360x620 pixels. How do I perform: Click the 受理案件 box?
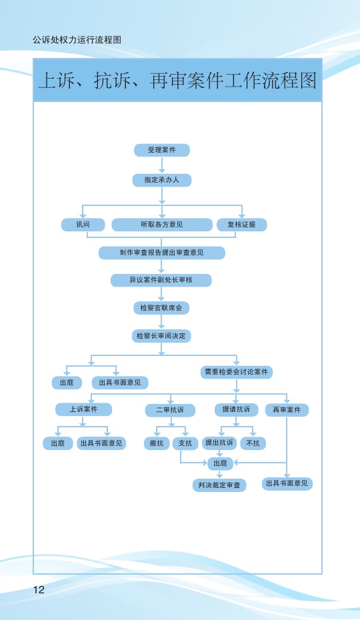(162, 150)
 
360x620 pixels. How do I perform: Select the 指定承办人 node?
(162, 180)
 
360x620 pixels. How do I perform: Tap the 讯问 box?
(83, 225)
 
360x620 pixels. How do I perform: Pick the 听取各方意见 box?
(162, 225)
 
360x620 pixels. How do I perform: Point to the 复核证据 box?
(242, 225)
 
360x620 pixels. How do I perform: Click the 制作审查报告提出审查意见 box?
(162, 253)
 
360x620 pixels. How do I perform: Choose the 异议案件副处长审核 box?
(161, 280)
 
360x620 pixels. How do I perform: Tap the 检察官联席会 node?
(161, 308)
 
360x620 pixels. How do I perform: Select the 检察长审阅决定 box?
(161, 336)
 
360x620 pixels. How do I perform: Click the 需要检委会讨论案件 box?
(237, 372)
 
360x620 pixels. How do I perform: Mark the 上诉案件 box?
(83, 409)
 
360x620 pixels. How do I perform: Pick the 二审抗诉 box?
(170, 410)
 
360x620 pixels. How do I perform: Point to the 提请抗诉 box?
(236, 409)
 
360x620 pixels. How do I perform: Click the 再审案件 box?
(287, 410)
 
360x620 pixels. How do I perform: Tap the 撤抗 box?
(157, 443)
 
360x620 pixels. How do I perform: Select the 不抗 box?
(253, 443)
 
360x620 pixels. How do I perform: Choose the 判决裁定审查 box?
(219, 485)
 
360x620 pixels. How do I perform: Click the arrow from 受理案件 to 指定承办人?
(162, 165)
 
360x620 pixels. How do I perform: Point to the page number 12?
(39, 589)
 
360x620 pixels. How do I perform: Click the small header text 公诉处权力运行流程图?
(77, 40)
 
